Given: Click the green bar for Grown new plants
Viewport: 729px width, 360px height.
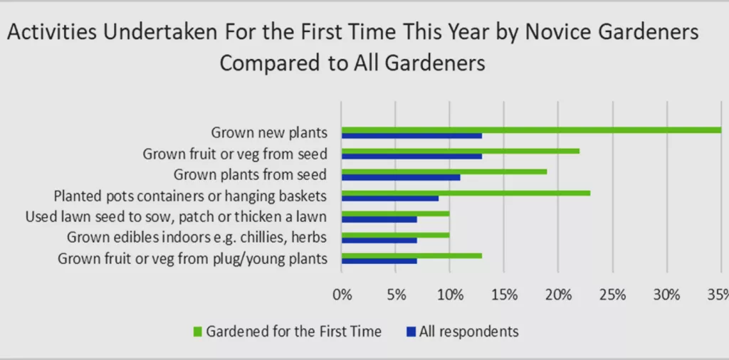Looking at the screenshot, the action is click(x=531, y=130).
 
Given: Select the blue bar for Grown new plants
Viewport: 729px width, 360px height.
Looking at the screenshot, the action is click(x=412, y=136).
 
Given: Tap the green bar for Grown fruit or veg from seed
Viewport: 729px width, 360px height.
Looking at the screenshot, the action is click(x=461, y=151).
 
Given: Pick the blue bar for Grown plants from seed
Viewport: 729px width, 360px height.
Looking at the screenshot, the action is click(x=401, y=177).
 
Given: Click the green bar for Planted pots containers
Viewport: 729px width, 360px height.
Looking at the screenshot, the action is click(x=466, y=193).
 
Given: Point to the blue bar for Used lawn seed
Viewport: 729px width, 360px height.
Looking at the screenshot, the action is click(x=379, y=219).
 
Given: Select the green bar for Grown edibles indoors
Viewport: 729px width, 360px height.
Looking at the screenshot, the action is click(x=396, y=235).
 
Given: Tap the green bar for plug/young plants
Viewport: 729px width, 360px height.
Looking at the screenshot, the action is click(x=412, y=256).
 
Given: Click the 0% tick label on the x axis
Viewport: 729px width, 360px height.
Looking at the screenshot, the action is click(x=342, y=295).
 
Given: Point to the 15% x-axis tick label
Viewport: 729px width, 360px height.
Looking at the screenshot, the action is click(x=504, y=295).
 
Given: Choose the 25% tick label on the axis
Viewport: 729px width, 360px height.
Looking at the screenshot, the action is click(x=613, y=295).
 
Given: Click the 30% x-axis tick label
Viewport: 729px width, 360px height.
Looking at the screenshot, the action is click(x=667, y=295).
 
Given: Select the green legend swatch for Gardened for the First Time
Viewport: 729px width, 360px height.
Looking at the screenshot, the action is click(x=198, y=332).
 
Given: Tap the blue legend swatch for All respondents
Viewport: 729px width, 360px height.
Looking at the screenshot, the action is click(x=411, y=332).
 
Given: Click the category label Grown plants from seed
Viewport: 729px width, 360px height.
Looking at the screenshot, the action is click(x=250, y=175).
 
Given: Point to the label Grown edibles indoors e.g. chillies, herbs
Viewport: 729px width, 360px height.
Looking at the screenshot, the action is click(x=197, y=238).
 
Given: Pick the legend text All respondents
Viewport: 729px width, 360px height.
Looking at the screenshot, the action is click(x=468, y=332).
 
